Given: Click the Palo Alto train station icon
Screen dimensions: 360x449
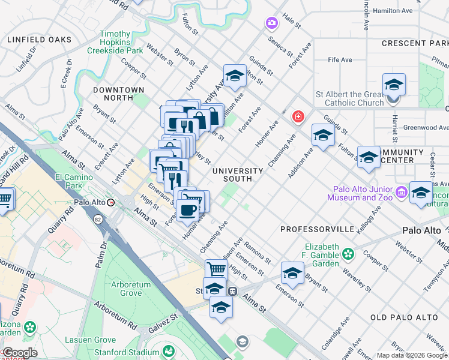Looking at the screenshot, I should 111,203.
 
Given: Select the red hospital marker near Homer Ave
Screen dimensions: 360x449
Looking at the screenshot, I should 297,116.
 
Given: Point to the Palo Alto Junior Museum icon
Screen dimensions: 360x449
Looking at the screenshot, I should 402,193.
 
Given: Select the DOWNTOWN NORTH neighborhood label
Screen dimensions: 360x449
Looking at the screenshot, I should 119,94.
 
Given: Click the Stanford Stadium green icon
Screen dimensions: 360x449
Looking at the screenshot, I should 169,350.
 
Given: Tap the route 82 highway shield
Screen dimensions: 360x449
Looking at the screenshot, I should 97,220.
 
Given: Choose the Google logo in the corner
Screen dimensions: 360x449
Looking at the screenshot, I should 20,353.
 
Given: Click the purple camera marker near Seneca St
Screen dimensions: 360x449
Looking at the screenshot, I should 272,23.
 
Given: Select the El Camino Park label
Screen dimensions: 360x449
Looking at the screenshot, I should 74,181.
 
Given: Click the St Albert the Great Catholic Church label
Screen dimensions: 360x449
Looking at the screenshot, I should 350,98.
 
